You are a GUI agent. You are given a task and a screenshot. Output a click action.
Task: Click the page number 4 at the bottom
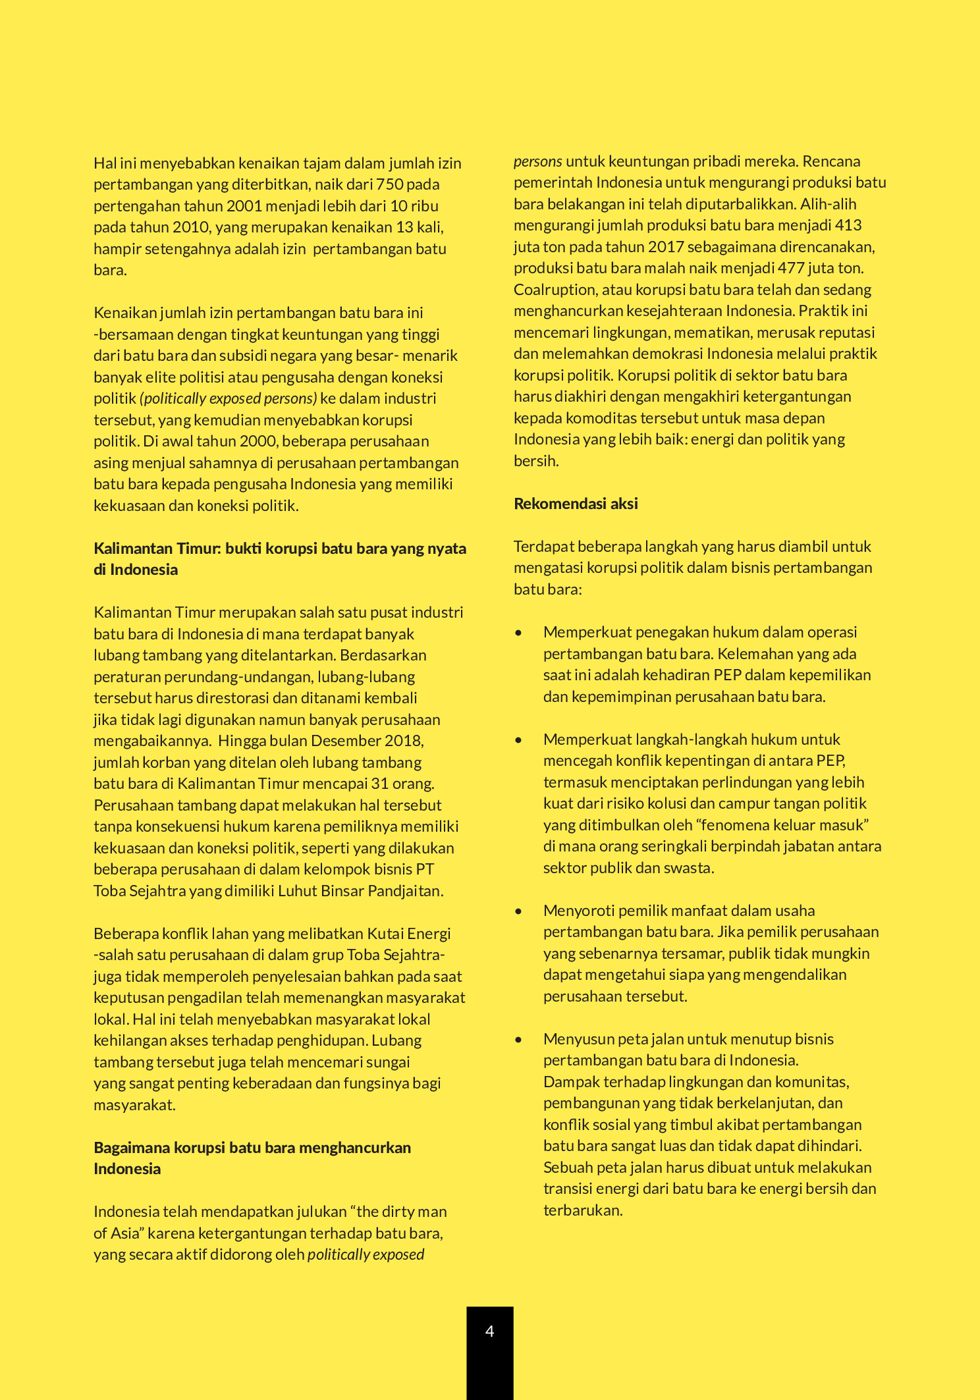(489, 1331)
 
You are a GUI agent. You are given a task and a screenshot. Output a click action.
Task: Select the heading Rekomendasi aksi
(576, 504)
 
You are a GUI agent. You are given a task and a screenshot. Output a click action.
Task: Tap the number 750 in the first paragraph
(390, 184)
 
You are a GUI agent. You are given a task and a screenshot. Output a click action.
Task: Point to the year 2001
(244, 206)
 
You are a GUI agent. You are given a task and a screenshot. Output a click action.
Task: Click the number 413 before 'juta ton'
(848, 225)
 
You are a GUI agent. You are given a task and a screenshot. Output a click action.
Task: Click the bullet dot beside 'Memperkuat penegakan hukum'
(519, 633)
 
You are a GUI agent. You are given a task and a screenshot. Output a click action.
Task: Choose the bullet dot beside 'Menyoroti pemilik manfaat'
(519, 911)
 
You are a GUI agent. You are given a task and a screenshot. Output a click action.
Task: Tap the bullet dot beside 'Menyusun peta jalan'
(519, 1040)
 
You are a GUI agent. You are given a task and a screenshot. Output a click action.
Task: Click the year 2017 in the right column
(666, 247)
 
